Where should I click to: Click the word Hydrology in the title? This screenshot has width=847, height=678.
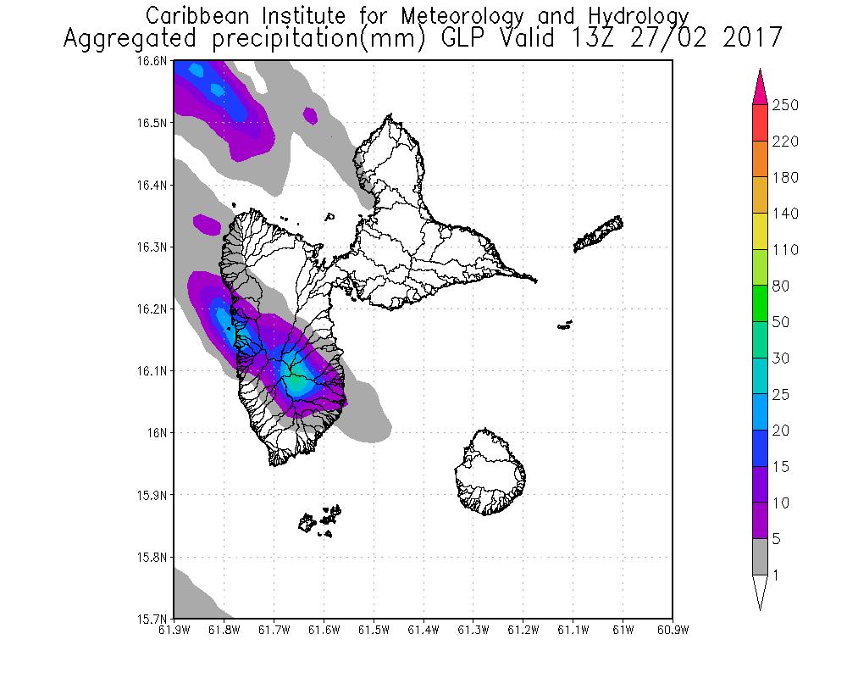click(634, 16)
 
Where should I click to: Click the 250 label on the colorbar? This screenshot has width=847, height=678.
click(786, 105)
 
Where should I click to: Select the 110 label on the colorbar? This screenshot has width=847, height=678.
click(786, 250)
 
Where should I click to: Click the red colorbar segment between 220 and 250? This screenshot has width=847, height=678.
click(760, 123)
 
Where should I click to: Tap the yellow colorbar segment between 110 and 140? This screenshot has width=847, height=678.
click(760, 231)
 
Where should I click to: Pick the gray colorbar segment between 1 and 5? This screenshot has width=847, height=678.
click(760, 558)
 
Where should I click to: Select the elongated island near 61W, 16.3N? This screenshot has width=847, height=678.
click(600, 234)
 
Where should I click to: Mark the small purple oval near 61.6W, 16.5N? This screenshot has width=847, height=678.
click(310, 114)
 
